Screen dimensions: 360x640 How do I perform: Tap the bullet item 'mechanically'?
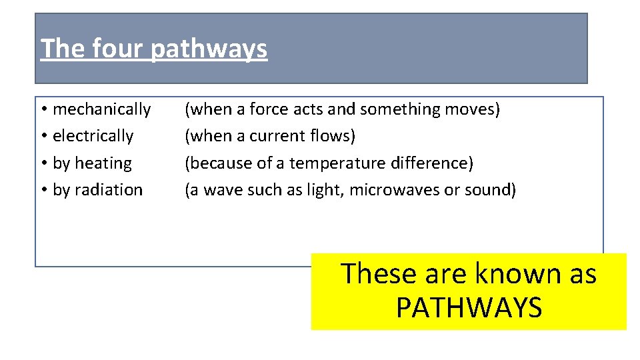[x=101, y=109]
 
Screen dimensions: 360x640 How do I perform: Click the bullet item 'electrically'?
[x=93, y=136]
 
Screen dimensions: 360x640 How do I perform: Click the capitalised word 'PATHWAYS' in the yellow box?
[x=469, y=308]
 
